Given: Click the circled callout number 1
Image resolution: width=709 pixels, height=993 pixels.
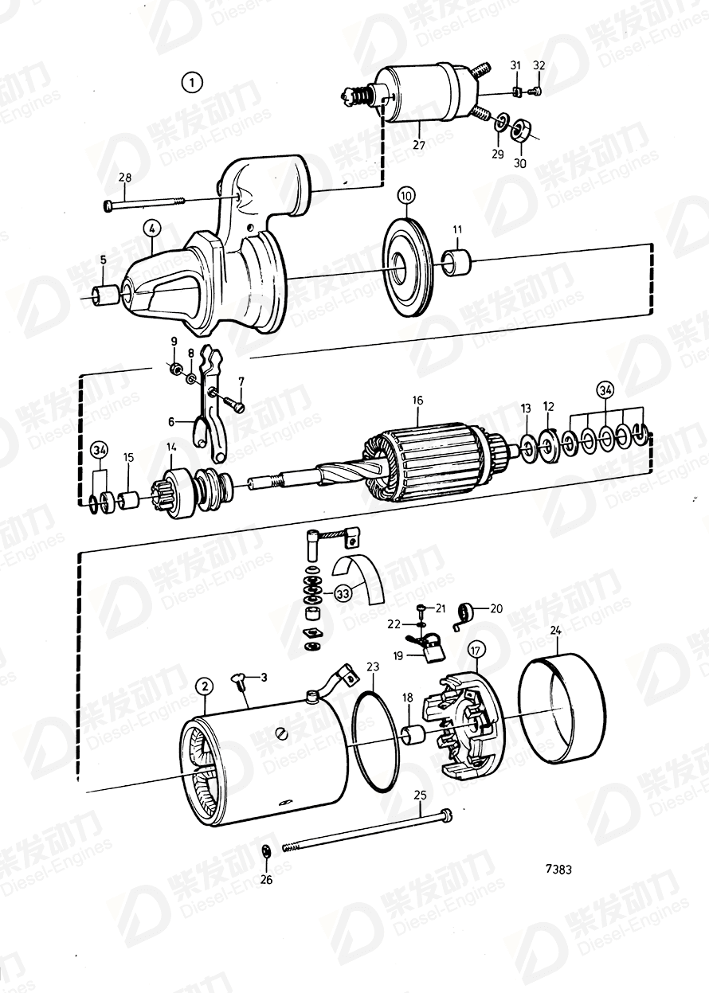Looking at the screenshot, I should point(191,81).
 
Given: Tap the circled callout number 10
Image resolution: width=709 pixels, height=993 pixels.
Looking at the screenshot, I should point(406,195).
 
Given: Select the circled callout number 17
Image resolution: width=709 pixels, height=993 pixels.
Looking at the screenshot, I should point(476,650).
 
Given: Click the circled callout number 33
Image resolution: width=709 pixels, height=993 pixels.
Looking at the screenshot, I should point(343,593).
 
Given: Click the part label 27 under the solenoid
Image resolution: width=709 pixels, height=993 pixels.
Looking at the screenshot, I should point(419,145).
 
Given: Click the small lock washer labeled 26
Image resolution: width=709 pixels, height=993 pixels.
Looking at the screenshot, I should point(267,853).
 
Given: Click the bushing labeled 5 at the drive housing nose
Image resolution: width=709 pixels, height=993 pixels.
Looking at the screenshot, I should point(105,296).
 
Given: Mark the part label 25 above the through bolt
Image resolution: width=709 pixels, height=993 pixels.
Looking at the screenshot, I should point(420,796).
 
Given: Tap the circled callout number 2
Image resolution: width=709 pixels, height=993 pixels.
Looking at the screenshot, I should point(205,686).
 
